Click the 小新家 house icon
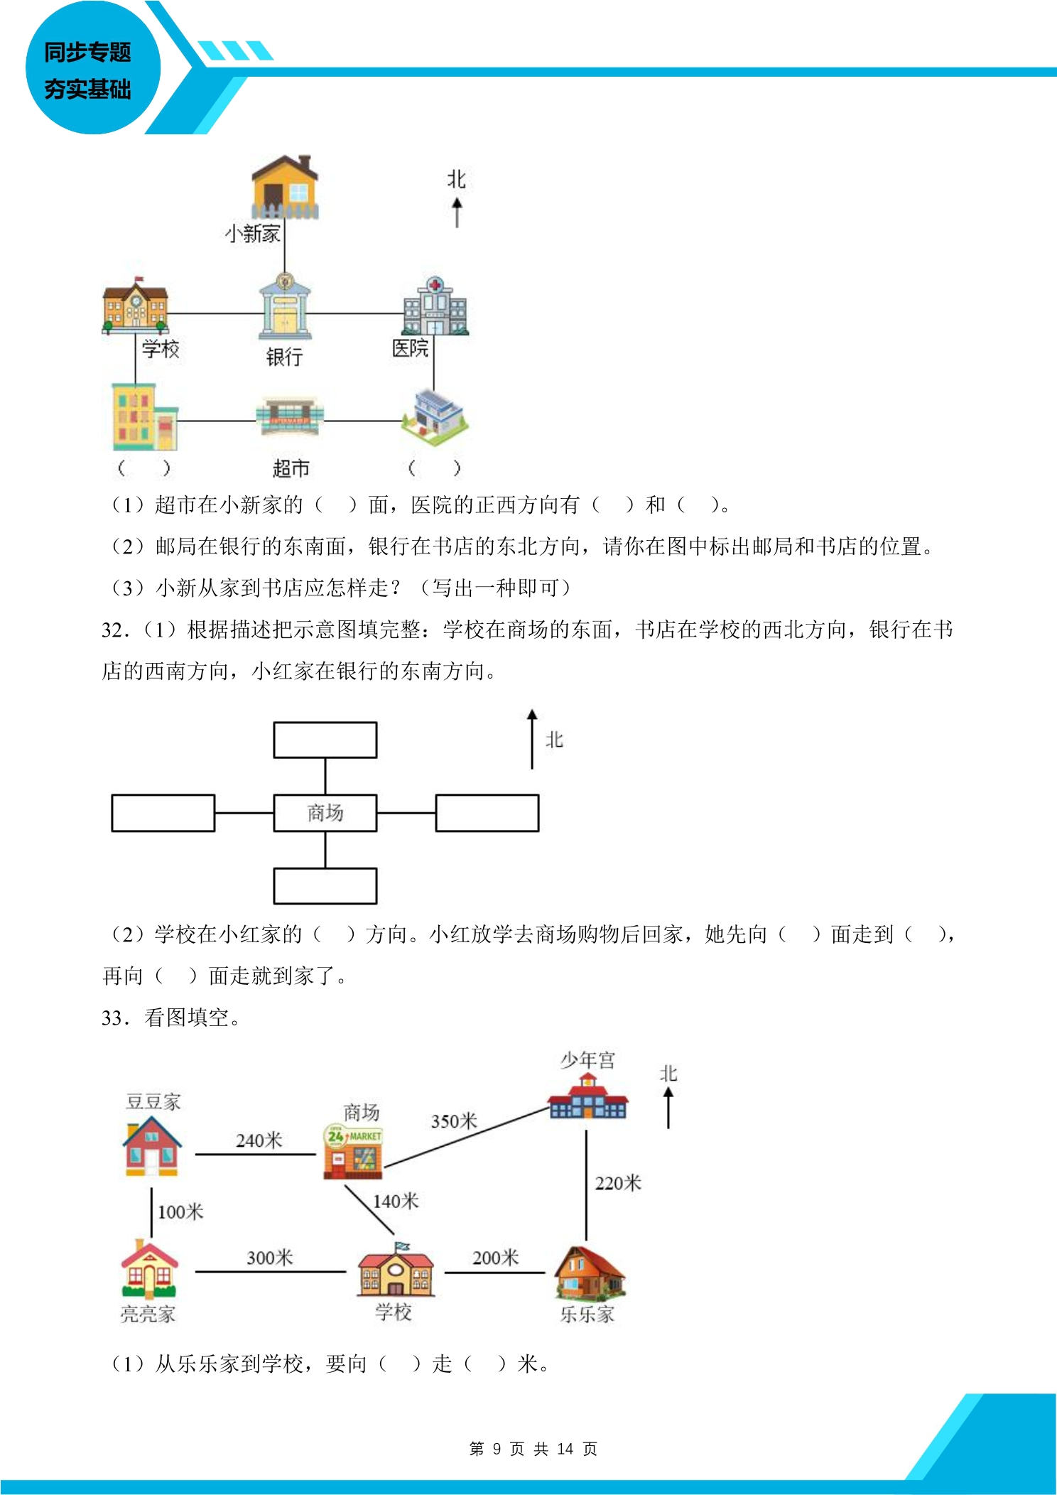point(286,186)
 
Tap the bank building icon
point(285,306)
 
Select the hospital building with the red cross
point(435,306)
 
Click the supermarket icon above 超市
point(290,417)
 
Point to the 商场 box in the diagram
point(325,813)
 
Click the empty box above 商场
point(325,740)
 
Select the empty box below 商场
point(325,886)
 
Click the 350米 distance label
point(453,1121)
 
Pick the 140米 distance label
point(396,1202)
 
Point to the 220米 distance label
point(618,1183)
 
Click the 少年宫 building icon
point(587,1096)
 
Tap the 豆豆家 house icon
point(152,1145)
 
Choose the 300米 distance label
point(270,1258)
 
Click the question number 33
point(114,1018)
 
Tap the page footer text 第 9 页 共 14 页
point(533,1449)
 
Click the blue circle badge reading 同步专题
point(92,68)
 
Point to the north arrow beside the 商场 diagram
point(532,739)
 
